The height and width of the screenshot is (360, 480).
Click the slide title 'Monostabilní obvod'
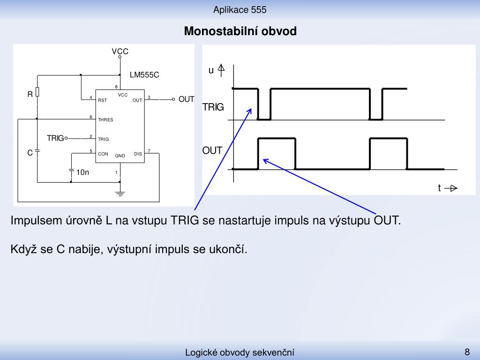tap(240, 31)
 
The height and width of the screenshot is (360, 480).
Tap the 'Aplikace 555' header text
tap(240, 10)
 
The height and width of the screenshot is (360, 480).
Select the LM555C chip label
tap(144, 75)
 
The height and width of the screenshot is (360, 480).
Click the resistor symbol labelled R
tap(37, 92)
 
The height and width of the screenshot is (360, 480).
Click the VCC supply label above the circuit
tap(120, 51)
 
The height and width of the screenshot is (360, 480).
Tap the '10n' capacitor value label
tap(82, 172)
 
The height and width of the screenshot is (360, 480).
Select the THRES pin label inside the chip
tap(105, 120)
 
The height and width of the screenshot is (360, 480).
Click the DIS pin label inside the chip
tap(138, 154)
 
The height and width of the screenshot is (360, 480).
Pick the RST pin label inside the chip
tap(103, 100)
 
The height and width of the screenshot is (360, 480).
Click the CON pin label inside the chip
tap(103, 154)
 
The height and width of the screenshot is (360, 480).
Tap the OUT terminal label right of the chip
tap(186, 99)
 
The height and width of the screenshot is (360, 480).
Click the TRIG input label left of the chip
tap(55, 138)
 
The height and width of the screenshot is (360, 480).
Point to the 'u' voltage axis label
tap(211, 70)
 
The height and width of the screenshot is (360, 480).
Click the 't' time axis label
tap(439, 187)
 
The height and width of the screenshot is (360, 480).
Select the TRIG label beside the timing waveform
tap(213, 107)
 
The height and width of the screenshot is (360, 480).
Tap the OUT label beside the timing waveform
tap(212, 150)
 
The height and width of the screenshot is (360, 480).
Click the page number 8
tap(467, 352)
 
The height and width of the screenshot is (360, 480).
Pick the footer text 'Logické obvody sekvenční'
tap(240, 352)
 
